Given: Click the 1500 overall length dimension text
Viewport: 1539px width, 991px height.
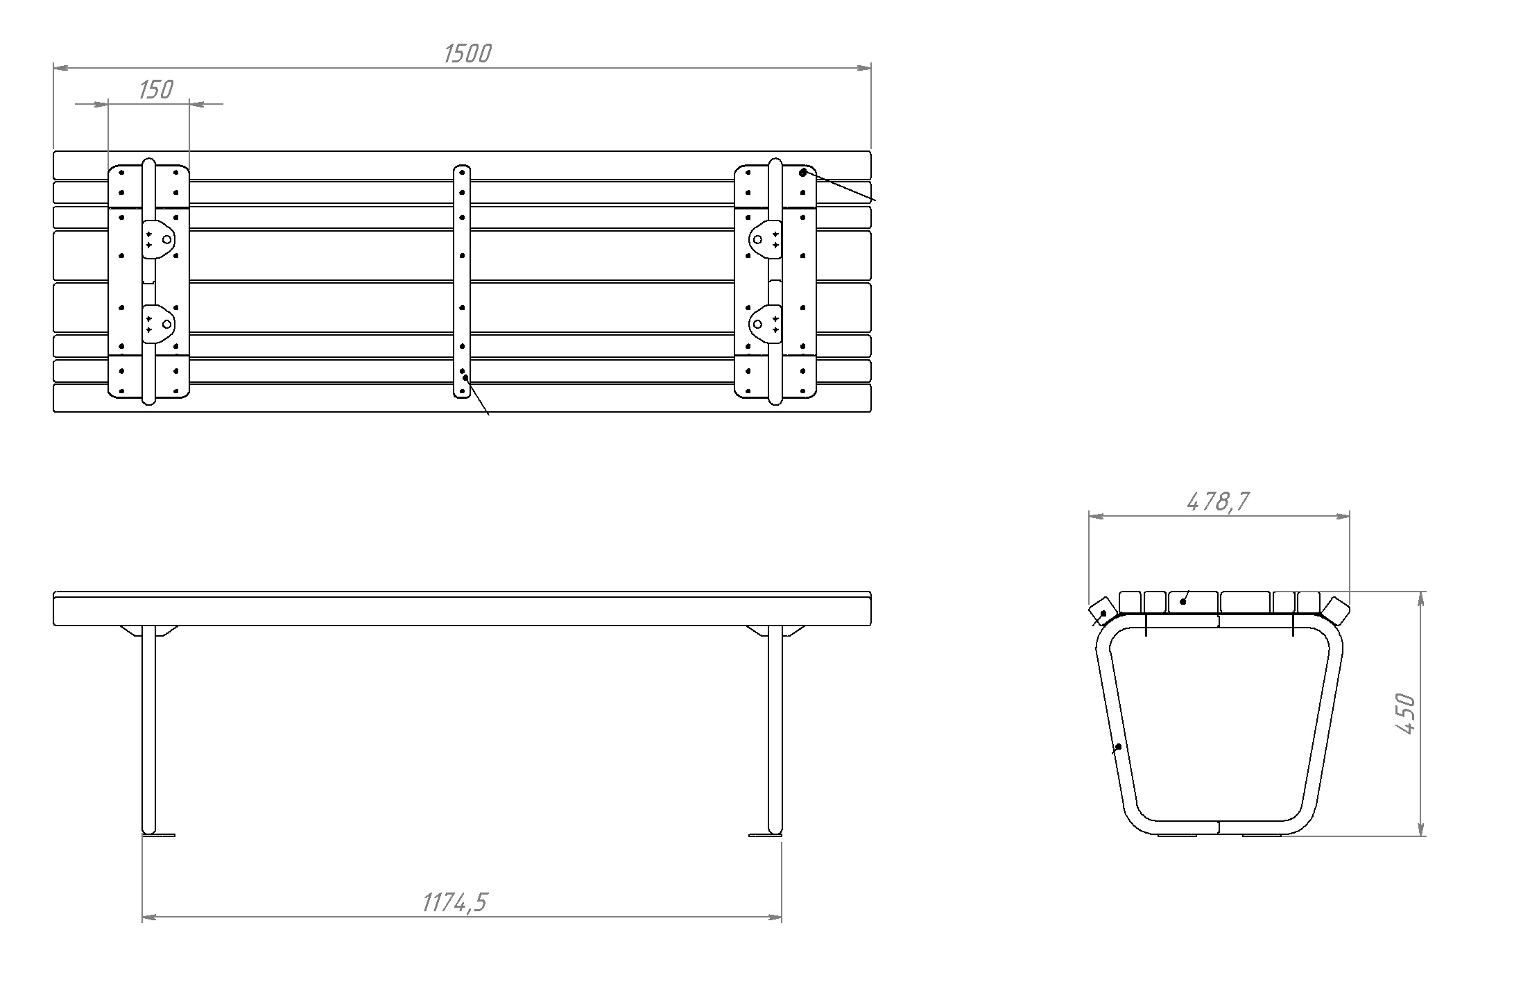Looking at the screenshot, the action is click(467, 53).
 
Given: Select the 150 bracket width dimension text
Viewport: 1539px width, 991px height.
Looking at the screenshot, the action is click(155, 89).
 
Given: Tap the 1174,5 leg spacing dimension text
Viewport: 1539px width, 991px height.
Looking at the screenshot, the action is click(455, 902).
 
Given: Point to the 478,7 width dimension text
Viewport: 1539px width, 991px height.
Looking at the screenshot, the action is click(1218, 501).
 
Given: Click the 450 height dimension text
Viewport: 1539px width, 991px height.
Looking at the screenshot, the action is click(1405, 714).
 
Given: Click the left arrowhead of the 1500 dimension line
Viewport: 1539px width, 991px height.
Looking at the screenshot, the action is click(61, 68).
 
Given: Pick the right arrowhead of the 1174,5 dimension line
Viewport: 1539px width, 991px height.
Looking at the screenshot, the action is click(774, 917).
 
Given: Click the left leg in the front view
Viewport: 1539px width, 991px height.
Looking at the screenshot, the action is click(148, 730).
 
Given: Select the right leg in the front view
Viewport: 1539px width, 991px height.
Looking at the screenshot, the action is click(775, 730).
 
